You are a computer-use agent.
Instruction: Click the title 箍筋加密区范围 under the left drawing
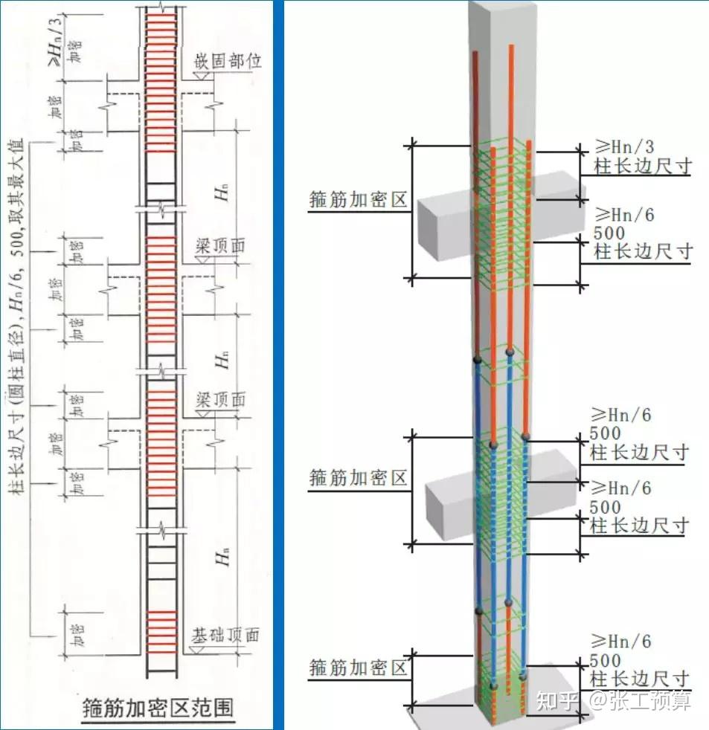point(155,706)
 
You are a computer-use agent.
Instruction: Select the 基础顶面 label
point(225,636)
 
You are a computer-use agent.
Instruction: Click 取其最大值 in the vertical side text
point(16,170)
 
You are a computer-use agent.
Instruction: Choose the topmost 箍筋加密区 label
point(359,200)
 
